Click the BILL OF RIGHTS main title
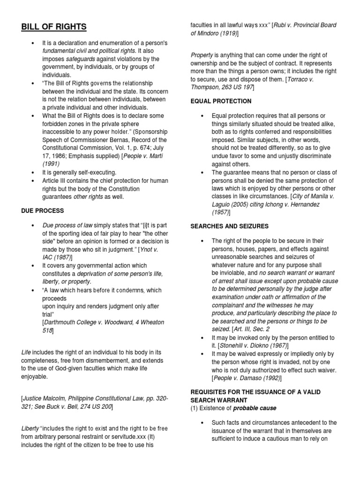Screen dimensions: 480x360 click(x=53, y=26)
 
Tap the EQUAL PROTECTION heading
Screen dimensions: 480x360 click(x=221, y=101)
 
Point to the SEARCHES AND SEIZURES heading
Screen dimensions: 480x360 click(x=229, y=226)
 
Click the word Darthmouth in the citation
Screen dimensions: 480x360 click(x=62, y=323)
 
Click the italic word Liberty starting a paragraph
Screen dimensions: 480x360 click(x=30, y=428)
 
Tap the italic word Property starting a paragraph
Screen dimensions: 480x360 click(x=202, y=55)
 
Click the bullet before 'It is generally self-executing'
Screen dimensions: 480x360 click(x=32, y=172)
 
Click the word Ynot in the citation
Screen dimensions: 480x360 click(x=150, y=249)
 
